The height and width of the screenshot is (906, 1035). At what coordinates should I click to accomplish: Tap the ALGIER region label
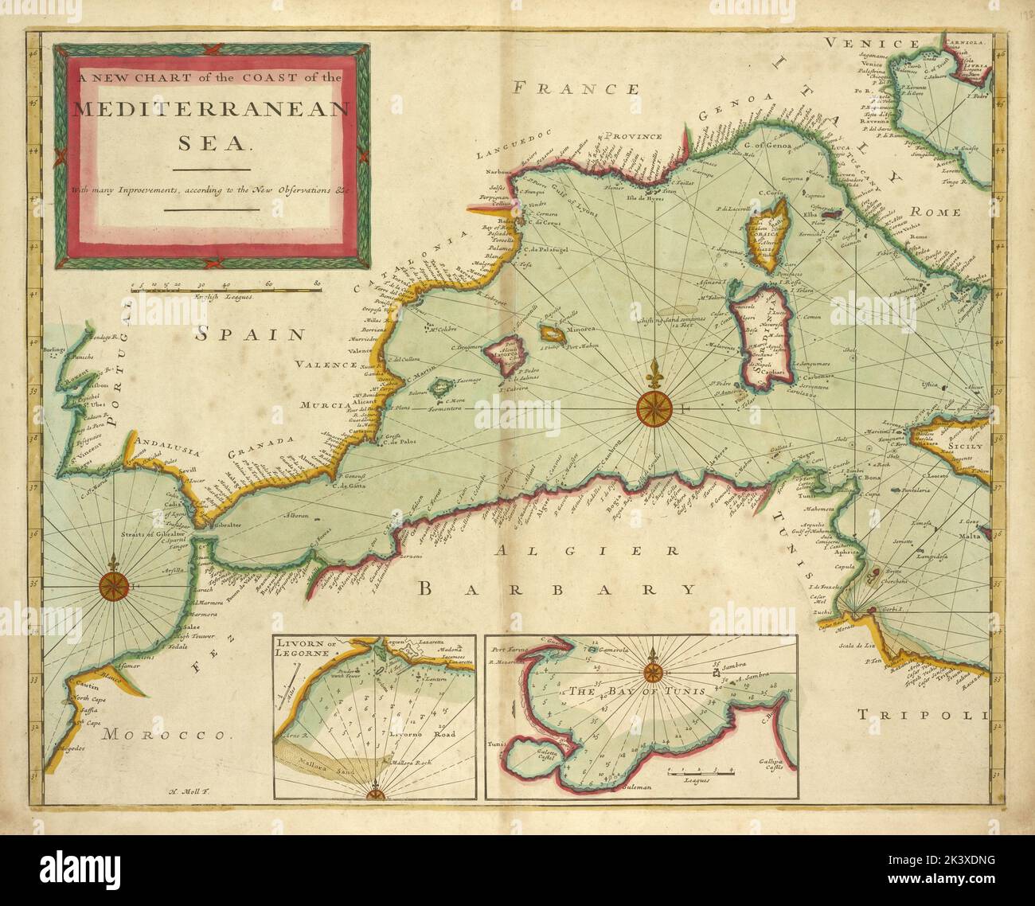coord(587,550)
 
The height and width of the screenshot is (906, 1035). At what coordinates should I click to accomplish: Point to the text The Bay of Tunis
coord(637,691)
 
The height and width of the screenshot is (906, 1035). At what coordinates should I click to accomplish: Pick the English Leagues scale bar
coord(225,291)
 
